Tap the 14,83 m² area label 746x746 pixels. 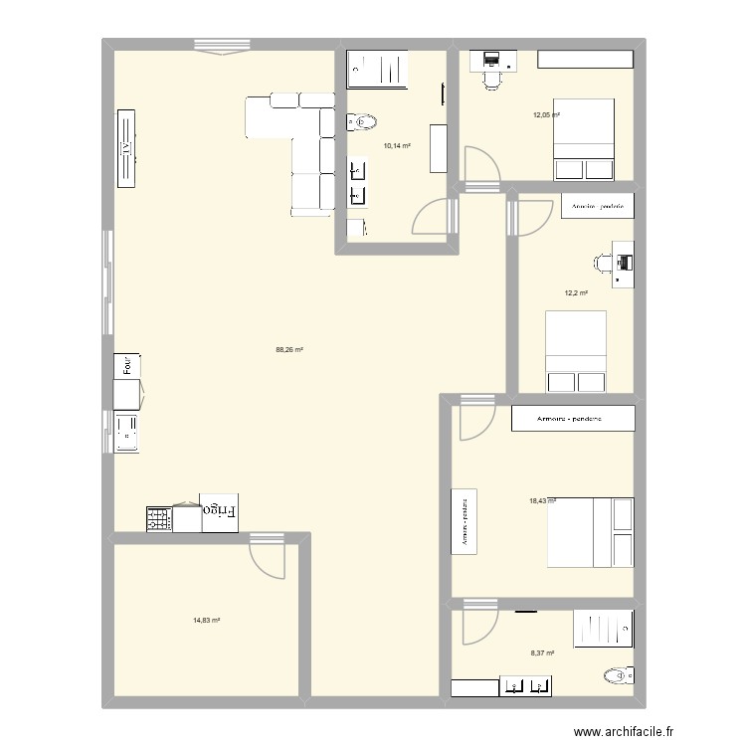coord(206,620)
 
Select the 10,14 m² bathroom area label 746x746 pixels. coord(397,145)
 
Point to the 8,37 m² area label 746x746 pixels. coord(542,653)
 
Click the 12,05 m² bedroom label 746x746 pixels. coord(546,115)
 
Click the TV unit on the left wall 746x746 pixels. coord(126,147)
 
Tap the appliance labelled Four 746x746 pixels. coord(126,365)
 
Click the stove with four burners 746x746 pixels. coord(159,518)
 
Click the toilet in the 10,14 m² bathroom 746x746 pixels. coord(362,122)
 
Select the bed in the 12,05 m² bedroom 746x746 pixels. coord(583,138)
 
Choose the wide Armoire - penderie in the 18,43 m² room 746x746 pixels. coord(572,419)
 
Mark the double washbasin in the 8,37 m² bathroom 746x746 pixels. coord(526,685)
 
